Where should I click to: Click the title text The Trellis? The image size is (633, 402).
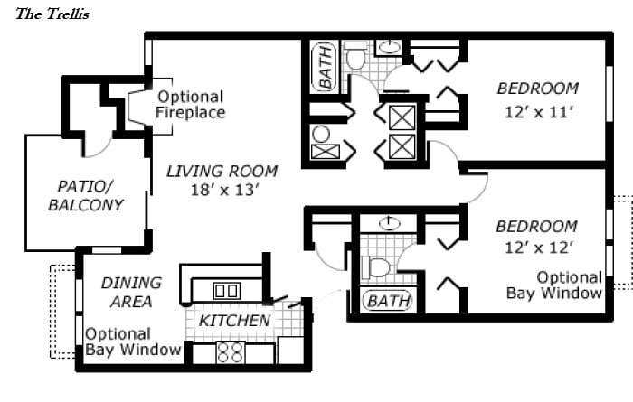click(52, 14)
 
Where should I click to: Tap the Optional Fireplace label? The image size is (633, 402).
click(190, 105)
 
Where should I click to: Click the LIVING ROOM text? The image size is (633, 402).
click(222, 171)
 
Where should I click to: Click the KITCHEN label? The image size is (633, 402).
click(234, 321)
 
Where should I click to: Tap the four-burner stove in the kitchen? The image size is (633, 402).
click(231, 351)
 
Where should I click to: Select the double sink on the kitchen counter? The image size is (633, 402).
click(225, 290)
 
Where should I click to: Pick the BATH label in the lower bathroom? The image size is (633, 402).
click(388, 300)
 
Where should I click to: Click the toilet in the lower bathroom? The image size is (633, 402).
click(378, 268)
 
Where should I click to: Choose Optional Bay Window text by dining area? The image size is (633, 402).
click(133, 341)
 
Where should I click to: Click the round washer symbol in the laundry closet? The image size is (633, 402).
click(321, 135)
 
